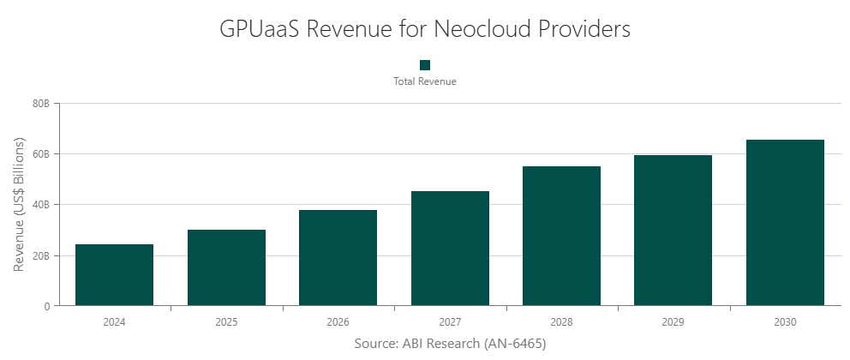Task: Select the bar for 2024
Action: click(114, 275)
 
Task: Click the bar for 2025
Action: click(226, 267)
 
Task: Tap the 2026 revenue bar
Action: click(338, 258)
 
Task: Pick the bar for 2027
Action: click(450, 249)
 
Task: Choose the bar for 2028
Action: click(561, 236)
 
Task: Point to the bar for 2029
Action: click(673, 231)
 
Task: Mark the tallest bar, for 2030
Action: click(785, 223)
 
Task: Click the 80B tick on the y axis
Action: click(41, 104)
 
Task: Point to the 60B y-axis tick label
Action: click(41, 154)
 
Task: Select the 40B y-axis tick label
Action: click(41, 205)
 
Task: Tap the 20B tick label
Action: click(41, 255)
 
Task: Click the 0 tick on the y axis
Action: click(47, 306)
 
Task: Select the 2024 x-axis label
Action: click(114, 322)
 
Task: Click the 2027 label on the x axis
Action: click(450, 322)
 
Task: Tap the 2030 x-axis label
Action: click(785, 322)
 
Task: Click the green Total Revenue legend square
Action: click(425, 65)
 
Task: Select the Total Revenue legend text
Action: click(425, 81)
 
